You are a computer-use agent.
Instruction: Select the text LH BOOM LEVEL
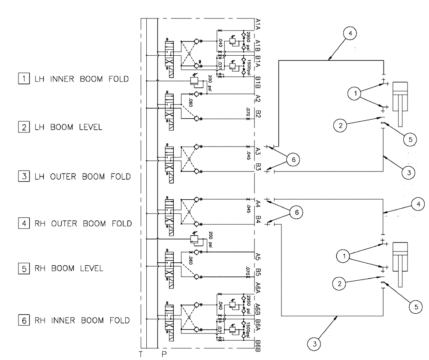[x=68, y=127]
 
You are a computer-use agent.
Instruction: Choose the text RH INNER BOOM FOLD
[x=82, y=320]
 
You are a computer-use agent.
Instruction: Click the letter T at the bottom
[x=140, y=354]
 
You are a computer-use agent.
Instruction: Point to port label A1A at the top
[x=258, y=24]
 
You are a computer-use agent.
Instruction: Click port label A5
[x=258, y=256]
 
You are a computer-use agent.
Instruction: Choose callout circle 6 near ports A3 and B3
[x=293, y=159]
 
